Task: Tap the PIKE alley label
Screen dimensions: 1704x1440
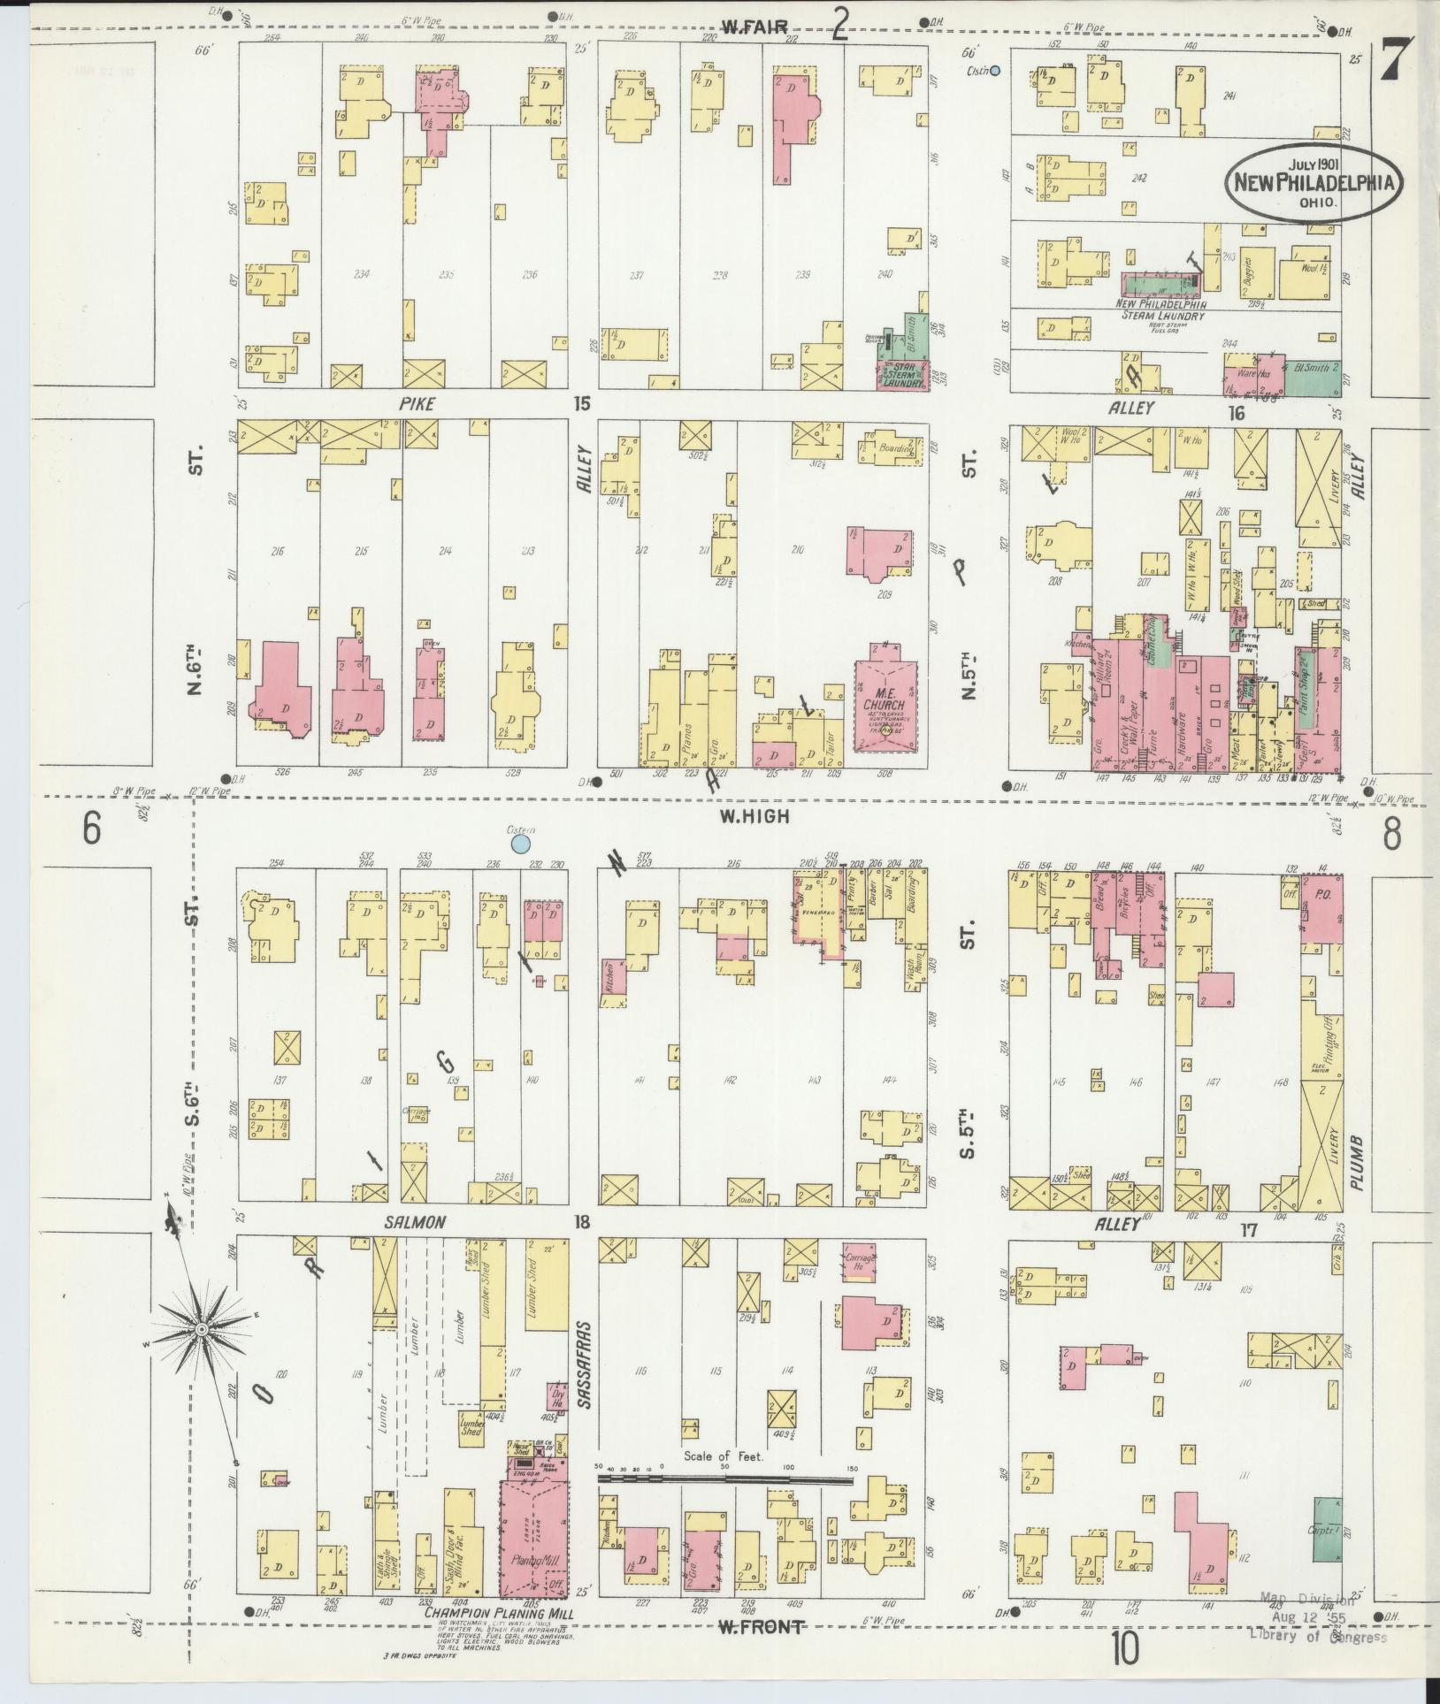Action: [412, 405]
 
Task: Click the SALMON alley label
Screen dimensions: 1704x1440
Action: [414, 1222]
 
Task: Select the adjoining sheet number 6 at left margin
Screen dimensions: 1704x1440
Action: [90, 829]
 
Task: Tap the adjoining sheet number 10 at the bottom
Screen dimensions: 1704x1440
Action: [1126, 1647]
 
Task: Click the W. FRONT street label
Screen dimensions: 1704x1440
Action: [760, 1626]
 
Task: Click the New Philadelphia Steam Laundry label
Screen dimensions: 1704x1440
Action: [1162, 309]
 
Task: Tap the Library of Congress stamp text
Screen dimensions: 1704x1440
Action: [1317, 1638]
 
